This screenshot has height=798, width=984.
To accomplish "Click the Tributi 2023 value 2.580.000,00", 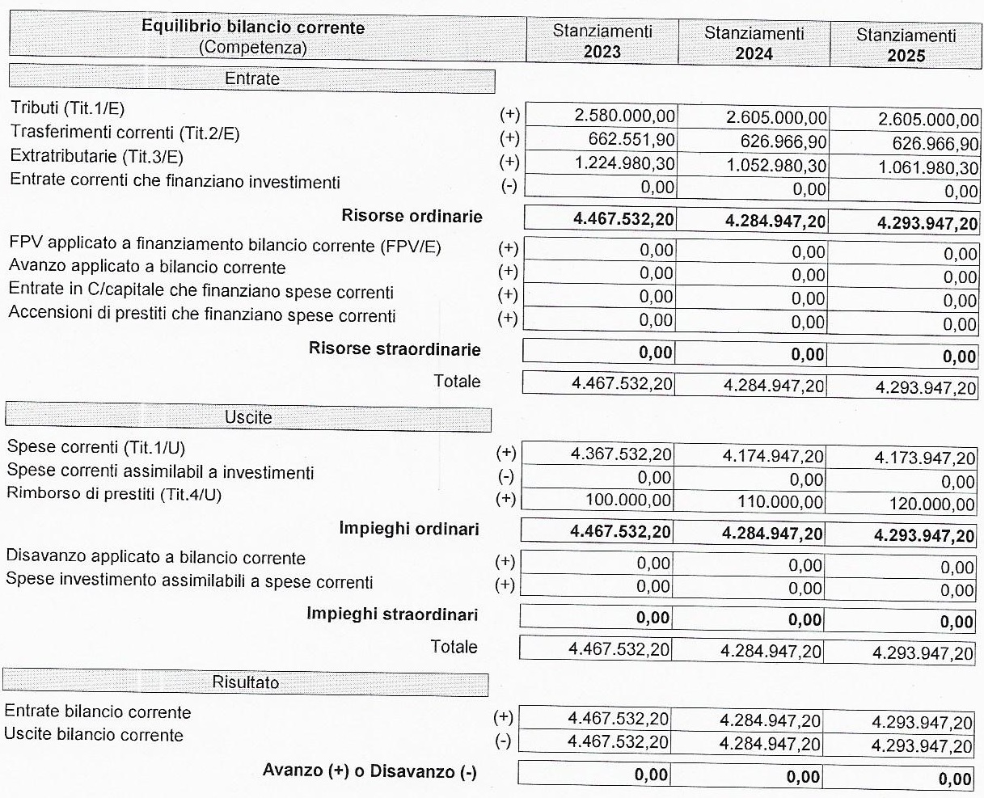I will click(624, 116).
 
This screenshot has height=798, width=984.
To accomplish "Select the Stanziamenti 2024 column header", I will click(754, 43).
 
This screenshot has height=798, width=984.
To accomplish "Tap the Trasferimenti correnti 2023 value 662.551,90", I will click(631, 139).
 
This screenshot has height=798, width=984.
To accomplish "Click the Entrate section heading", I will click(251, 79).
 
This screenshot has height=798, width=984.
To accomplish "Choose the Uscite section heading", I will click(248, 417).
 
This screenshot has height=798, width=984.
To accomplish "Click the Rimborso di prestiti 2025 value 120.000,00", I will click(932, 505).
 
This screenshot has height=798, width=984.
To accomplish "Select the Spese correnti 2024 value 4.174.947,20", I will click(772, 457).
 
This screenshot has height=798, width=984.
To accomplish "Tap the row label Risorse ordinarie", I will click(412, 216).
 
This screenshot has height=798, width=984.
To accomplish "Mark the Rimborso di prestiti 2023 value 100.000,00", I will click(627, 500).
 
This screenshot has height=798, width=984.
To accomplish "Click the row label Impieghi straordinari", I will click(392, 614).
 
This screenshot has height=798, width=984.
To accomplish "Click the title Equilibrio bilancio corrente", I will click(253, 27).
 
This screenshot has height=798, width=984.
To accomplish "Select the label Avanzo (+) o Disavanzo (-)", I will click(370, 771).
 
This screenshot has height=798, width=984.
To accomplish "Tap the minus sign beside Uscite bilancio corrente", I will click(503, 741).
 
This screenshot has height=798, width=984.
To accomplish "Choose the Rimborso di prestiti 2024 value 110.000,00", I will click(779, 503).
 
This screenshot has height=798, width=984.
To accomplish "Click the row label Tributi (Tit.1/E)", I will click(68, 108).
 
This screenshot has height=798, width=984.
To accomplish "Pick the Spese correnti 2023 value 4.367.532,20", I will click(620, 454).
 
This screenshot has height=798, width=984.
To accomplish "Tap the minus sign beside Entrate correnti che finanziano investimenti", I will click(509, 185).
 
